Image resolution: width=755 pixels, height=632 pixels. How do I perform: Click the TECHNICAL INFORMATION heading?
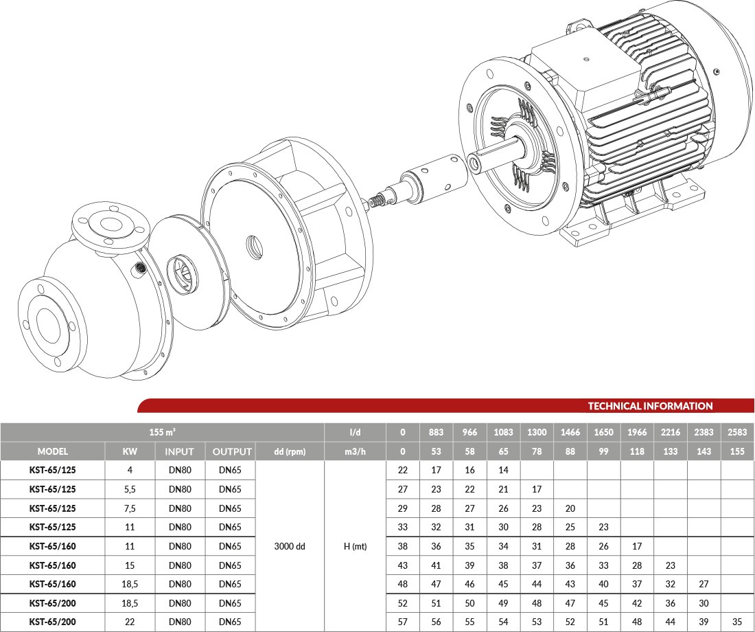pos(650,406)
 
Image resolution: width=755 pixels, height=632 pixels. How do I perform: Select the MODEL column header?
pos(52,452)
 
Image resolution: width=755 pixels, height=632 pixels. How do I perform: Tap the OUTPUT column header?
pos(232,452)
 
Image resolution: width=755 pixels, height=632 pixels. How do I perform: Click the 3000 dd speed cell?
pos(290,546)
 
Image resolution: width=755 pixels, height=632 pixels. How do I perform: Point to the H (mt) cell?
pos(356,546)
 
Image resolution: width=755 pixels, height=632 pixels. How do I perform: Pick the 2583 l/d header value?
pos(737,432)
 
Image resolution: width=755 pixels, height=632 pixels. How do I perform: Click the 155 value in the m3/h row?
pos(737,452)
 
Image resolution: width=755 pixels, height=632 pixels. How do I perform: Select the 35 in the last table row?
pos(737,622)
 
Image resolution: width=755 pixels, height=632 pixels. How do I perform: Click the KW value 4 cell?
pos(130,470)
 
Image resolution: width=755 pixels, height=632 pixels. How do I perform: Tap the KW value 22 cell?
pos(130,622)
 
